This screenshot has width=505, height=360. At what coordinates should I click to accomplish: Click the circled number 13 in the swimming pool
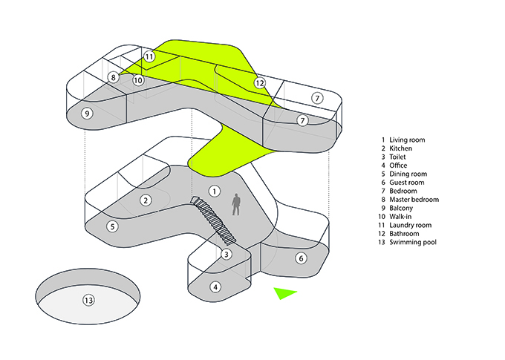pos(88,301)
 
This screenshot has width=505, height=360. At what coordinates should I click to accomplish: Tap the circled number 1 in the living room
pos(214,191)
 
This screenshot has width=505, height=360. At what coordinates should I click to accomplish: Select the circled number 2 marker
pos(146,200)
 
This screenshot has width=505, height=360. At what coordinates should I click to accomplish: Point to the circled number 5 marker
pos(112,226)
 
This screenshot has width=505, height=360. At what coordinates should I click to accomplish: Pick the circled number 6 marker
pos(301,258)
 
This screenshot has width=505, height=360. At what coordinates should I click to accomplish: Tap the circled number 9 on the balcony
pos(87,114)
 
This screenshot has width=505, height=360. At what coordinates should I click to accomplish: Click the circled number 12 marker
pos(260,83)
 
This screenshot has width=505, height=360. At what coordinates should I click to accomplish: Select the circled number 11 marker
pos(149,56)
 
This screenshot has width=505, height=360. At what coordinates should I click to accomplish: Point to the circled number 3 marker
pos(226,254)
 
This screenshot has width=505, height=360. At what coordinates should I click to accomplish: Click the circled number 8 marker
pos(114,76)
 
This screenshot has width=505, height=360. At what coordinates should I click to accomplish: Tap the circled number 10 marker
pos(138,79)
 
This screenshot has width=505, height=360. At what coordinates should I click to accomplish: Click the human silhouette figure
pos(236,204)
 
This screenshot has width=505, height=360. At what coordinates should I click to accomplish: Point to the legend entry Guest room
pos(405,183)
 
